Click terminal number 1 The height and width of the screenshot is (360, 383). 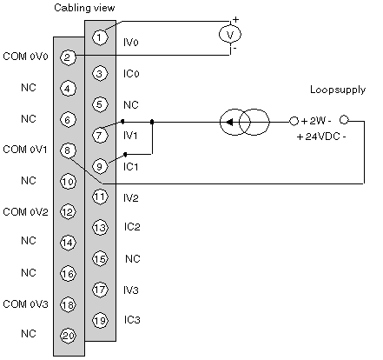[x=100, y=37]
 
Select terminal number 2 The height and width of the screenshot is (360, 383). [x=68, y=57]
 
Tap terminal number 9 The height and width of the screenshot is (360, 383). [x=100, y=166]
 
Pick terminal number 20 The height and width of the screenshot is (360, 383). [x=69, y=336]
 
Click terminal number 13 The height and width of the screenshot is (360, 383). [x=100, y=228]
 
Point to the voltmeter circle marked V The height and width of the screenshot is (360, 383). [x=230, y=35]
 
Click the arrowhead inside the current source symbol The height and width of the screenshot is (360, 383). [x=229, y=123]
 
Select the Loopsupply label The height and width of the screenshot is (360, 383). [x=338, y=90]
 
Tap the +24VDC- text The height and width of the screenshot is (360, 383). [x=321, y=137]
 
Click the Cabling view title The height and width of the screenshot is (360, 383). [x=84, y=8]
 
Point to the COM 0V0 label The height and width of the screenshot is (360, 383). [x=25, y=57]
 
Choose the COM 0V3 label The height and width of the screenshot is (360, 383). [x=25, y=304]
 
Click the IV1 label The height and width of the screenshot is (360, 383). [x=130, y=135]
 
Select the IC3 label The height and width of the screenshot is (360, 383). [x=132, y=320]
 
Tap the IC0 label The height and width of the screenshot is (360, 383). [x=131, y=74]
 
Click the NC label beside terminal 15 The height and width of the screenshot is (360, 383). [x=133, y=258]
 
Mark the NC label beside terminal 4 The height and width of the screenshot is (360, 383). [x=29, y=87]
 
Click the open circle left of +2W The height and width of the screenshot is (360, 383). [x=294, y=121]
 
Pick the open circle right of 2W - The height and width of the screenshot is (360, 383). [x=344, y=120]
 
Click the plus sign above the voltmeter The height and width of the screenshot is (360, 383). [x=236, y=20]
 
